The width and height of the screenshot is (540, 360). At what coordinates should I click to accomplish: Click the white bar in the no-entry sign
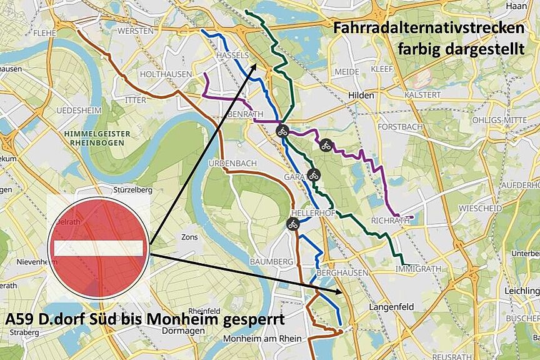tap(99, 248)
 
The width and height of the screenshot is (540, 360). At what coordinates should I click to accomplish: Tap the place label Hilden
tap(362, 96)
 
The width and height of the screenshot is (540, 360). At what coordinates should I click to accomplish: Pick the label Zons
tap(189, 237)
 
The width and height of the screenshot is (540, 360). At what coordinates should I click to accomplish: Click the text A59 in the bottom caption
tap(19, 319)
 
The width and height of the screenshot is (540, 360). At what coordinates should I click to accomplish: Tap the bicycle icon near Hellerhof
tap(292, 224)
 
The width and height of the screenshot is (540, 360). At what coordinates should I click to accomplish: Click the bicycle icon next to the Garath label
tap(313, 175)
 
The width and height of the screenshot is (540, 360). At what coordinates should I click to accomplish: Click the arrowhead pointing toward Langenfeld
tap(339, 291)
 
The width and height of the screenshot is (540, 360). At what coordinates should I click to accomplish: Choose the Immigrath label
tap(418, 269)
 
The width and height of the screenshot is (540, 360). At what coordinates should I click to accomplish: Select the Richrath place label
tap(391, 221)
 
